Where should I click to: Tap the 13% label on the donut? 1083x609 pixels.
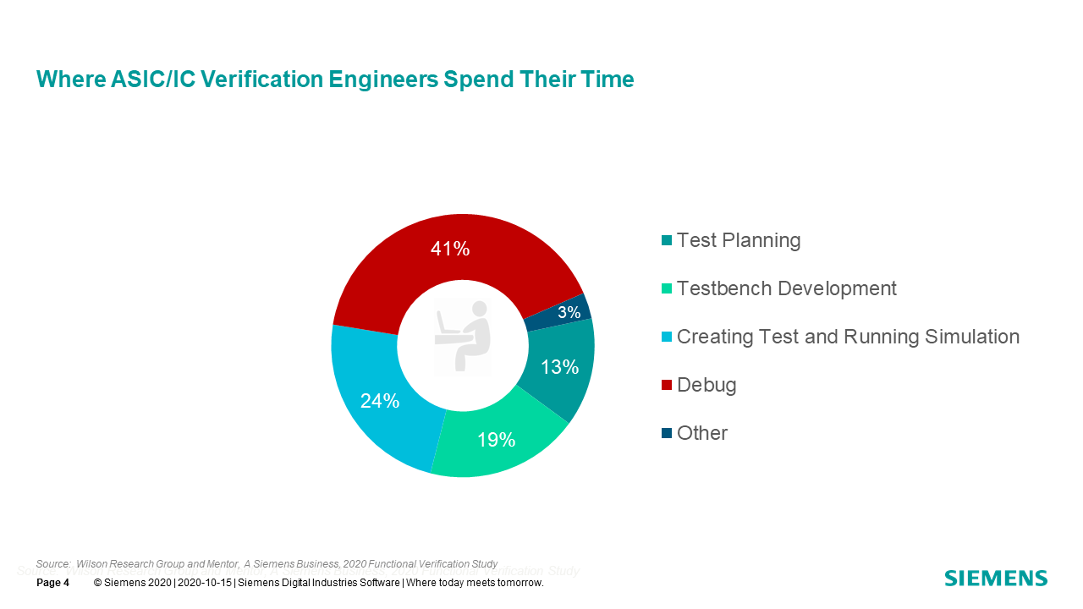point(560,367)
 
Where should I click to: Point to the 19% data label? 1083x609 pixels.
point(496,440)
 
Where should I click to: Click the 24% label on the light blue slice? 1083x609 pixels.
point(380,401)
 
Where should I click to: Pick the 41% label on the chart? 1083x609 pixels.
point(450,249)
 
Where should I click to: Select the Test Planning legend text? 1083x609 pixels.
point(739,240)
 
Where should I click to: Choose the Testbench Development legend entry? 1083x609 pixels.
point(786,288)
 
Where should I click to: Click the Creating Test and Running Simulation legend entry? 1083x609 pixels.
point(848,337)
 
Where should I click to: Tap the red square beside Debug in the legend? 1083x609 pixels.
point(667,386)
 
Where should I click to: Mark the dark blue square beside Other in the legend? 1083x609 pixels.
point(667,434)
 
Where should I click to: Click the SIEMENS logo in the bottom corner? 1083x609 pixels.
point(996,579)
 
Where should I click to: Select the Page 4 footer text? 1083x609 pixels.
point(52,583)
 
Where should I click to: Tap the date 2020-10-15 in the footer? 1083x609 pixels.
point(203,583)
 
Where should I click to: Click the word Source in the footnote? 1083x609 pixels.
point(52,563)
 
